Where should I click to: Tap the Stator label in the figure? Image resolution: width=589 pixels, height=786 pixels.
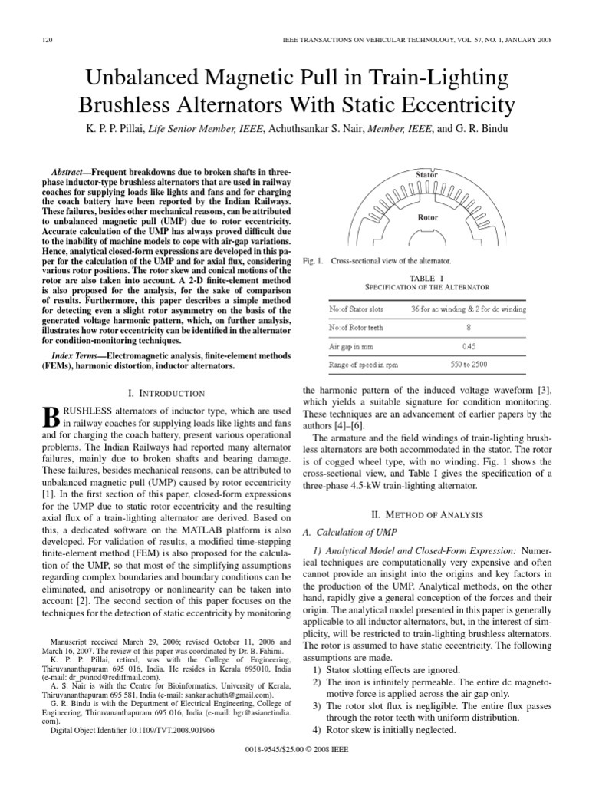tap(427, 175)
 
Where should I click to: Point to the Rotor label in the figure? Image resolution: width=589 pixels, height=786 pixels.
tap(427, 217)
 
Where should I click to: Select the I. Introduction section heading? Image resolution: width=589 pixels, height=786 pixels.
tap(162, 393)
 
